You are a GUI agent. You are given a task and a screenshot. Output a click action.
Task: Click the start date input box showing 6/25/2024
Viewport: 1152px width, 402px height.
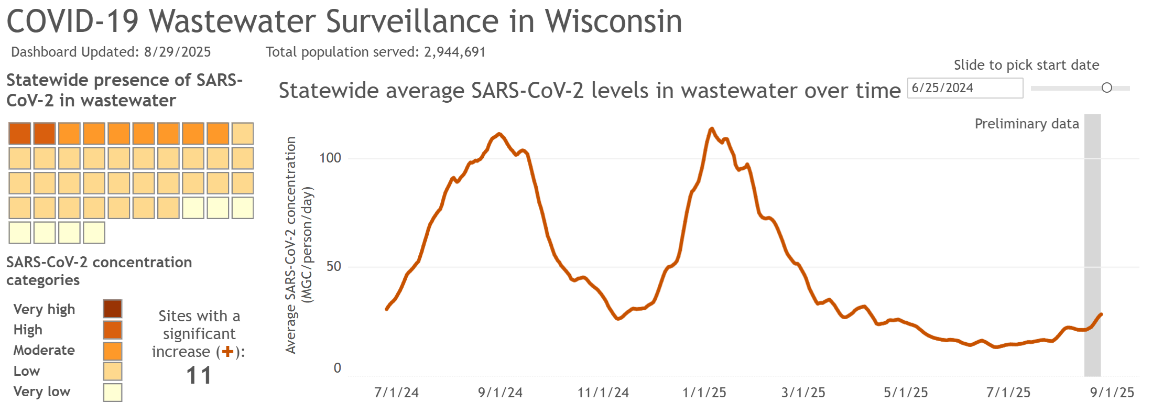(964, 88)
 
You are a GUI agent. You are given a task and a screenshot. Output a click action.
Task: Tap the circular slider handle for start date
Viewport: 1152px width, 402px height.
(1106, 88)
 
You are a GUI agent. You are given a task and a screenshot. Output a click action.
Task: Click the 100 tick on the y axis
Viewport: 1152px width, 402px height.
(330, 158)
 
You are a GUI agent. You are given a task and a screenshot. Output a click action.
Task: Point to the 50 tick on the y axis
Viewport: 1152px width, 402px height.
(333, 266)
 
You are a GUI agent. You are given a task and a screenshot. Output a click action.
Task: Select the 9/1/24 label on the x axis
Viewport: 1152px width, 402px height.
(500, 393)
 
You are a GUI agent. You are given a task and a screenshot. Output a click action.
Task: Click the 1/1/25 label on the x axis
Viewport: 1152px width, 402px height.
(704, 393)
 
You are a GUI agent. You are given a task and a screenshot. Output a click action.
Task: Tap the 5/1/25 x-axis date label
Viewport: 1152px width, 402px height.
(906, 393)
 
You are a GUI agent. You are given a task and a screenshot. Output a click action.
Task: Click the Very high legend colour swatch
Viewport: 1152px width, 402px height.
(113, 309)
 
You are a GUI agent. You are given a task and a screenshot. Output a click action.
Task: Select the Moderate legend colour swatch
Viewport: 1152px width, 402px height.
(113, 351)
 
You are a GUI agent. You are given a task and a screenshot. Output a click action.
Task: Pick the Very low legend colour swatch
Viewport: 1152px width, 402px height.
(113, 392)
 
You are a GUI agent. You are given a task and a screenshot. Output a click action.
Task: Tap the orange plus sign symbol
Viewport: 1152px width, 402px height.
(227, 352)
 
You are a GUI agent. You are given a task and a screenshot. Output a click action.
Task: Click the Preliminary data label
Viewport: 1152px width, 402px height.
(1026, 124)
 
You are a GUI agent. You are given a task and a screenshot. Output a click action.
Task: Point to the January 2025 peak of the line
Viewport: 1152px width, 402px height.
(711, 128)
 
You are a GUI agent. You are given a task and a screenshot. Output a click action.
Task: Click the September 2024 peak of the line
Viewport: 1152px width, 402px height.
(499, 134)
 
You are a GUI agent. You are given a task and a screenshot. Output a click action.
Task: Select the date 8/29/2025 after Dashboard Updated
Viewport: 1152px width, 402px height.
(177, 52)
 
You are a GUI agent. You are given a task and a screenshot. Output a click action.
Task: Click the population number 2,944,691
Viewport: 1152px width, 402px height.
(454, 52)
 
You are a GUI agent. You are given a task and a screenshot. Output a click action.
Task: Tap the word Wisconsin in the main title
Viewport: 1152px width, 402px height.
(613, 22)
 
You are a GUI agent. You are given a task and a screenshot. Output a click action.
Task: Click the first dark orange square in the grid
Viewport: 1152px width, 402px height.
(20, 134)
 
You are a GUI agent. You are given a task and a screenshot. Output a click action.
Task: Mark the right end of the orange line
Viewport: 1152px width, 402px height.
(1101, 314)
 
